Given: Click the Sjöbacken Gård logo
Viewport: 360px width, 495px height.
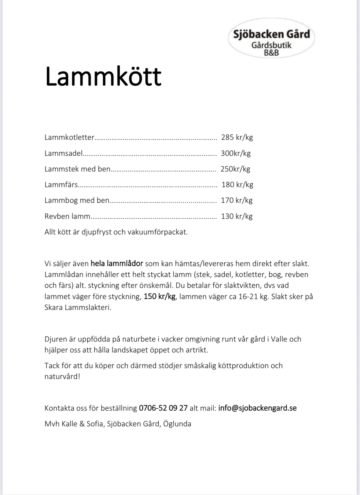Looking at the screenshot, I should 271,38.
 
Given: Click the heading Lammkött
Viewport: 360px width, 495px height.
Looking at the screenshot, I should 103,76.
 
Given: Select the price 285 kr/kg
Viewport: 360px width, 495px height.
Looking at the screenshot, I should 237,137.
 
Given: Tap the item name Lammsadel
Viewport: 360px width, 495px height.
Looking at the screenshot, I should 64,153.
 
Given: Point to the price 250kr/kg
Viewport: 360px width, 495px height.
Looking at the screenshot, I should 235,169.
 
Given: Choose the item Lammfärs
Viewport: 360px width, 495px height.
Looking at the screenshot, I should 61,185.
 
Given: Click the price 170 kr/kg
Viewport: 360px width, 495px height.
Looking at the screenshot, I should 237,200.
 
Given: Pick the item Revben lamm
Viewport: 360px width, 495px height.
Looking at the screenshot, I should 67,216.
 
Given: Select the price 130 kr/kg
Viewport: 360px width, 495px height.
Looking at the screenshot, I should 237,216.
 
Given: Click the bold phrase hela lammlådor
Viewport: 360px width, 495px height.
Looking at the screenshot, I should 117,264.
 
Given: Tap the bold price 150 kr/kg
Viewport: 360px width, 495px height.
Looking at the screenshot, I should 159,296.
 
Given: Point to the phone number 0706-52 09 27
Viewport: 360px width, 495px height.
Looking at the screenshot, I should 163,408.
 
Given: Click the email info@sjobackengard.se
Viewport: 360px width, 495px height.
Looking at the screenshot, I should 257,408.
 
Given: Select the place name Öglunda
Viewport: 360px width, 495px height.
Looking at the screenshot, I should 177,424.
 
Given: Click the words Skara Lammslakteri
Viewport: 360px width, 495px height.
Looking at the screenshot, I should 78,308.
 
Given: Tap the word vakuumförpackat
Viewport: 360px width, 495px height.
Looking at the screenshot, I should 157,232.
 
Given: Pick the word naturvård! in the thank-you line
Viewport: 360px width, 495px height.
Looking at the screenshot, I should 62,376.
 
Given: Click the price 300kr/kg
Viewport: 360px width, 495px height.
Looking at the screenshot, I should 236,153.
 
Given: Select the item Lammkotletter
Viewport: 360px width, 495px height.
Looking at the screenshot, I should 69,137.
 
